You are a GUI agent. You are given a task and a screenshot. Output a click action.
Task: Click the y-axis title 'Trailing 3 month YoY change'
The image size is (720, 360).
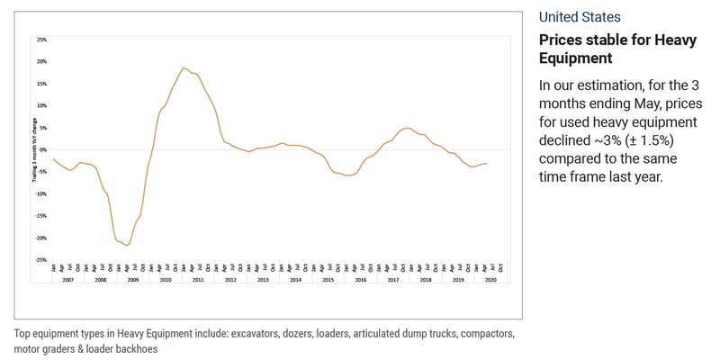coord(34,148)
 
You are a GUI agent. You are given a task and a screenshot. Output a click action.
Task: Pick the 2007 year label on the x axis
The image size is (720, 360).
coord(68,281)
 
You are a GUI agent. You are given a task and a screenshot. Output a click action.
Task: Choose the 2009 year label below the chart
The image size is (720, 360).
coord(133,281)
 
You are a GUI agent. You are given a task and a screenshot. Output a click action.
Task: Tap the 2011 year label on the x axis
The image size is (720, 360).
coord(198,281)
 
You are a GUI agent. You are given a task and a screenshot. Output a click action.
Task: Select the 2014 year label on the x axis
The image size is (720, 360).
coord(295,281)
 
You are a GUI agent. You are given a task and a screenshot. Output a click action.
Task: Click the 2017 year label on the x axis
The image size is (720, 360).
coord(392,281)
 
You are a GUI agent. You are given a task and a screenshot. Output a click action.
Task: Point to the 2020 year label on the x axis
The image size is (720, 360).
coord(490,281)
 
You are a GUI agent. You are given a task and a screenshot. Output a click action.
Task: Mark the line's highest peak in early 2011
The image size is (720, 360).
coord(184,67)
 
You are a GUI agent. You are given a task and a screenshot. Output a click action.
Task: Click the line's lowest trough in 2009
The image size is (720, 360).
coord(129,245)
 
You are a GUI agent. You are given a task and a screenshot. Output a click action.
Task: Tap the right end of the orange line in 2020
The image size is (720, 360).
coord(487,163)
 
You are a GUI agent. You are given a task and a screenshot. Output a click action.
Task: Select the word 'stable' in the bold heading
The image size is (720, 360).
coord(607,40)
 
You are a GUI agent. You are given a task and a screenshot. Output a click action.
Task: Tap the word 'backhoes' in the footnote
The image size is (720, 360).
coord(141,349)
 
